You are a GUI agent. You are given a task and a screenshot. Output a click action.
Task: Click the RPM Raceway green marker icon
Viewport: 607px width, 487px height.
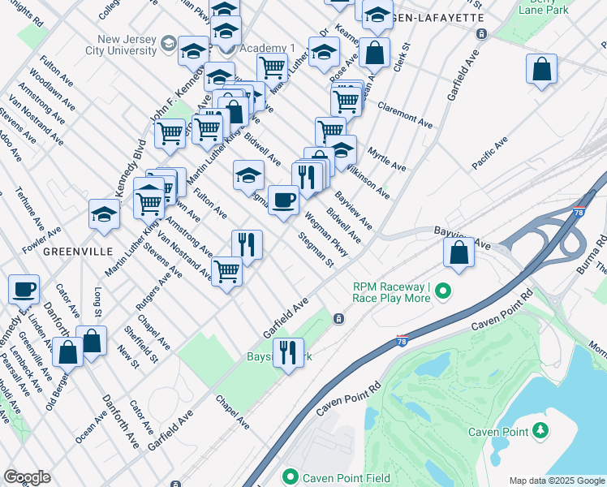point(442,290)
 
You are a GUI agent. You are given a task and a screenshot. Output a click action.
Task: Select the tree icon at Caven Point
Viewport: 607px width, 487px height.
point(540,429)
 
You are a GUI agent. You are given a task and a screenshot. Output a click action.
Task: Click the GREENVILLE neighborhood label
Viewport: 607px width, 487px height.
point(77,252)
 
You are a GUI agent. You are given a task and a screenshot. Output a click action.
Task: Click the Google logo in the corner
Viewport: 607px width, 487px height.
point(27,477)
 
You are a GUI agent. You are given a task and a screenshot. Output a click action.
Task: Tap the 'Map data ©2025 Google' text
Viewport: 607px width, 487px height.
point(556,481)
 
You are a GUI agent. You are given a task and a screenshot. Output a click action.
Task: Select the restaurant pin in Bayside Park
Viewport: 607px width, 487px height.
point(288,353)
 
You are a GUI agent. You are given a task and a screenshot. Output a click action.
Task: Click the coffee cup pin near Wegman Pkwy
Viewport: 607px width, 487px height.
point(283,200)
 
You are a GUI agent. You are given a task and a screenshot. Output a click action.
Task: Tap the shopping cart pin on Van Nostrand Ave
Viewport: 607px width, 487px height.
point(227,271)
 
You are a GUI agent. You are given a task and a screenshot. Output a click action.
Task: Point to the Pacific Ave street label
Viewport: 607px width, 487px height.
point(490,153)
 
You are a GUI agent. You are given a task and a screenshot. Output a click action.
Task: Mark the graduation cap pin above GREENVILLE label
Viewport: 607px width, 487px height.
point(104,214)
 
